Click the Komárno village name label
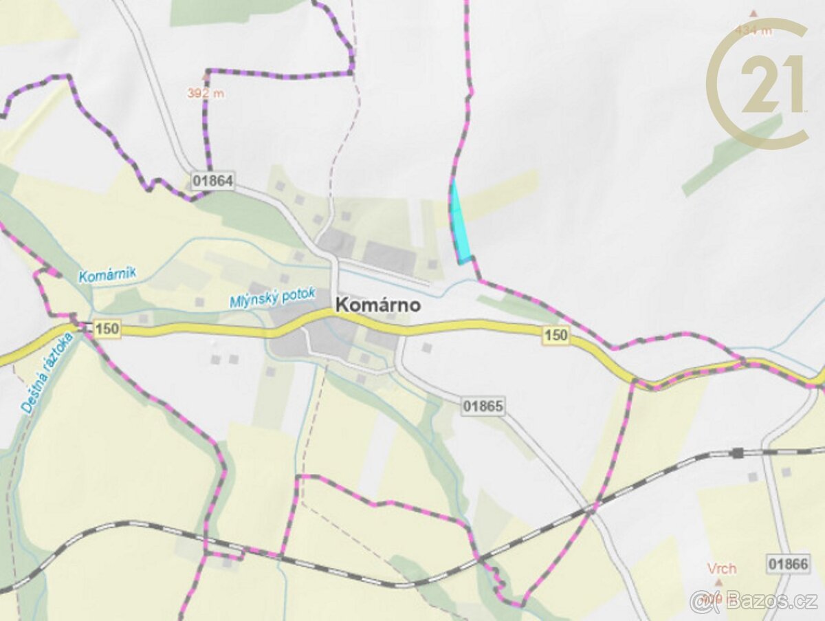coord(377,305)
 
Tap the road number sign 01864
coord(213,182)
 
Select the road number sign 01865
coord(483,406)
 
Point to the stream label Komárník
coord(107,275)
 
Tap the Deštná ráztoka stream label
coord(47,373)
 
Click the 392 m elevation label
coord(206,94)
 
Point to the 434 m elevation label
coord(753,30)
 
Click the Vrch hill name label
coord(722,569)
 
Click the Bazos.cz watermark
coord(753,600)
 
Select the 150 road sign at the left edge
coord(107,329)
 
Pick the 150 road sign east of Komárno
coord(555,336)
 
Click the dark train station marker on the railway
coord(738,453)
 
